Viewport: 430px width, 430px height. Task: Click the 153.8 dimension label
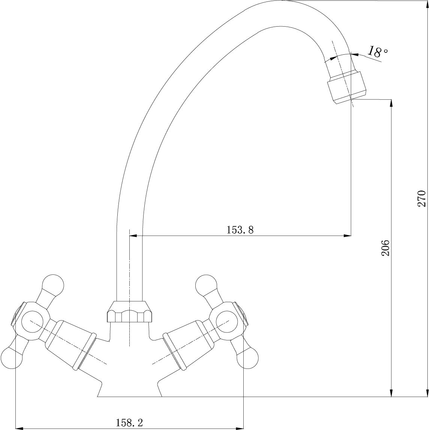240,229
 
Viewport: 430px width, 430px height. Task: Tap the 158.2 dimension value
129,423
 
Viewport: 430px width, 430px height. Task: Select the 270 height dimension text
421,199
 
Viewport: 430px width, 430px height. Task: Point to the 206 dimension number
385,248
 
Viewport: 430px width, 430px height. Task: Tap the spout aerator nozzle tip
347,87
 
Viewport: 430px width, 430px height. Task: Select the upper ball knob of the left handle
53,285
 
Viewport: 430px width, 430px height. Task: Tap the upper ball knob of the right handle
206,285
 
